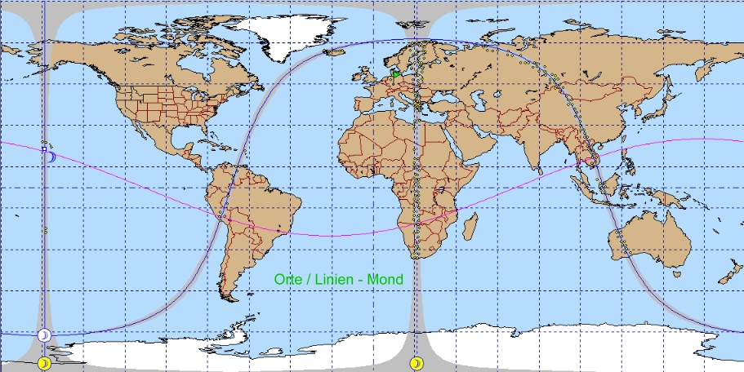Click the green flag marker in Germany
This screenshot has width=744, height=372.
click(x=396, y=74)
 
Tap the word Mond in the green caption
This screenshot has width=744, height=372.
click(x=385, y=279)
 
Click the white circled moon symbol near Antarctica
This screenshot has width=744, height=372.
click(x=44, y=335)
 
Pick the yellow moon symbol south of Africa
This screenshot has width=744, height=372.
click(x=417, y=362)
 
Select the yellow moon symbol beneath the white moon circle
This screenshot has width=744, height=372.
click(x=44, y=362)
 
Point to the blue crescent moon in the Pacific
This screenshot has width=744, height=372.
click(x=51, y=156)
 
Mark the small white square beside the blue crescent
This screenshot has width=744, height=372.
click(x=44, y=149)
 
